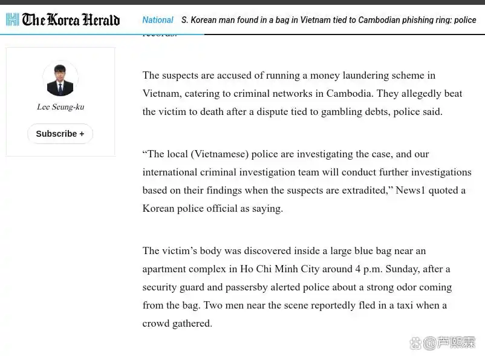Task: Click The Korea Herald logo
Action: click(63, 20)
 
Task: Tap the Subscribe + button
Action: click(60, 134)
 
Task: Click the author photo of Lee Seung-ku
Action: click(60, 80)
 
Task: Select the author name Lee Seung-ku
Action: click(60, 107)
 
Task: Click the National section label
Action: click(158, 20)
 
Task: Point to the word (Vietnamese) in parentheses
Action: click(220, 154)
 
